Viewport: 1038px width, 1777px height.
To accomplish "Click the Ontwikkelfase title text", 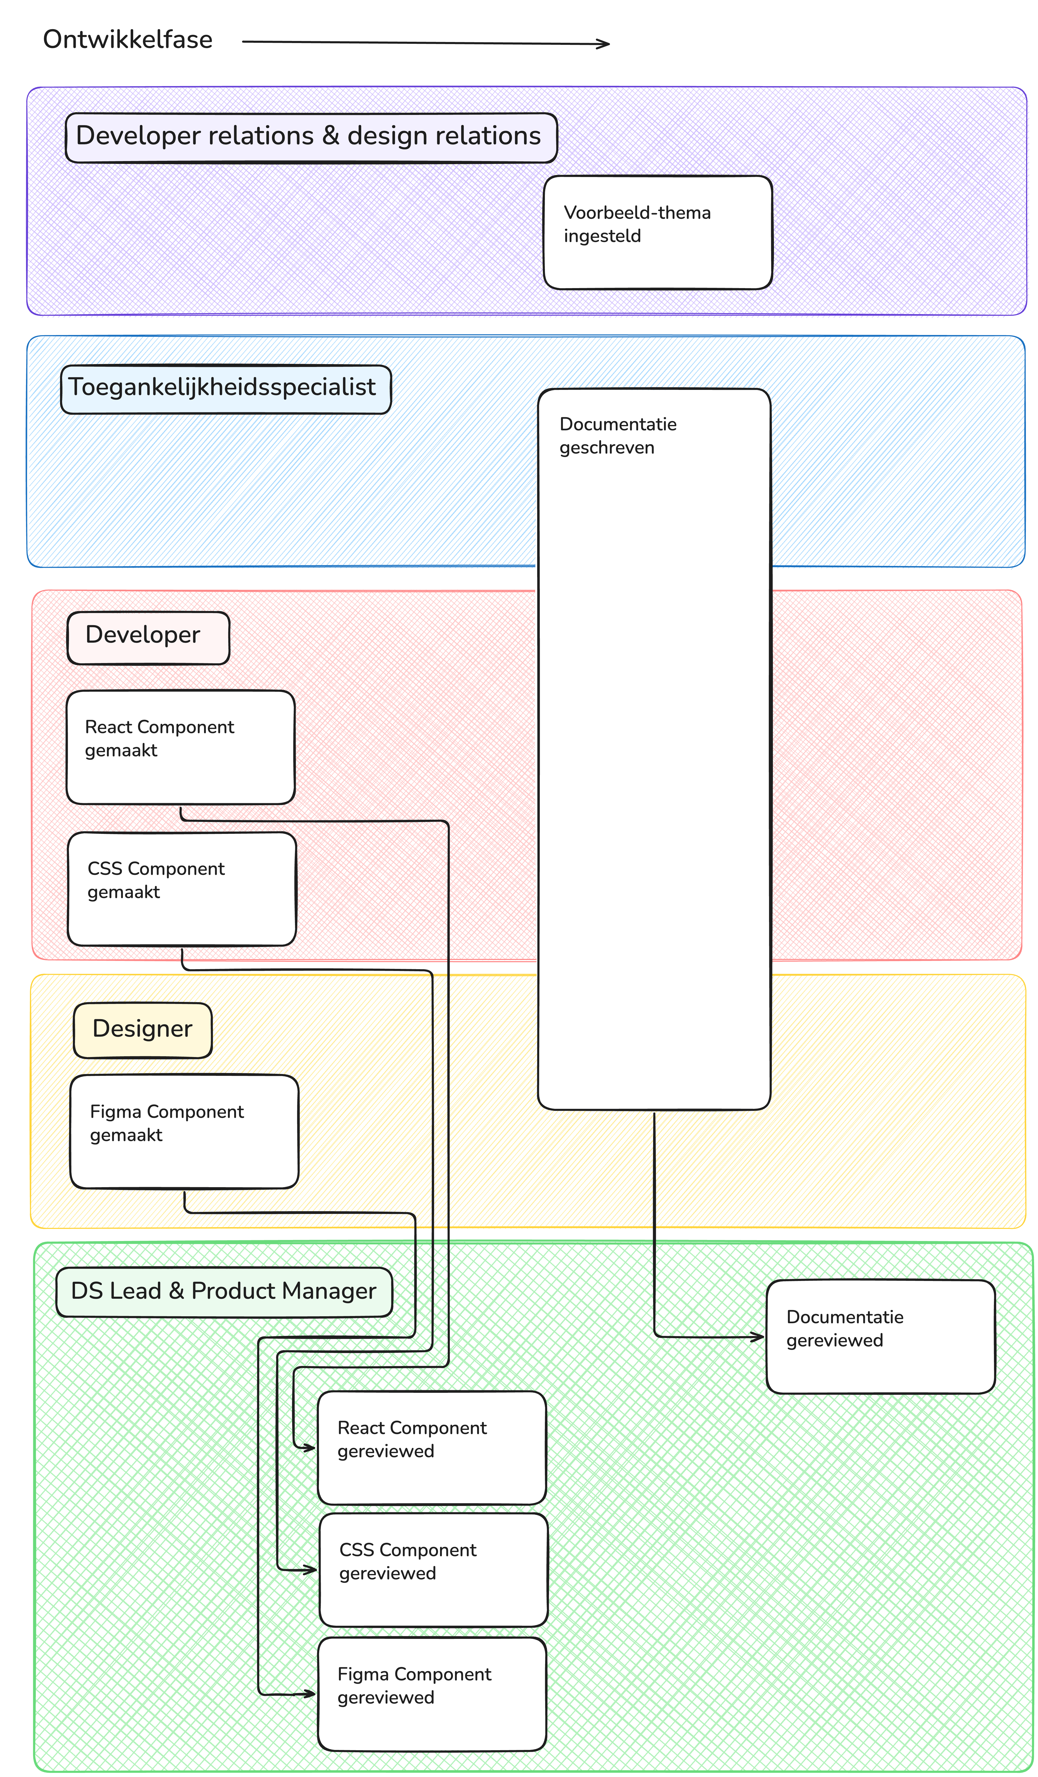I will point(128,39).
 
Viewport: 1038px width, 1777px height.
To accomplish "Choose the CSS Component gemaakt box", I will point(181,888).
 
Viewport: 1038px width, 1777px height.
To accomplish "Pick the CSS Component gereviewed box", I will point(433,1569).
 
